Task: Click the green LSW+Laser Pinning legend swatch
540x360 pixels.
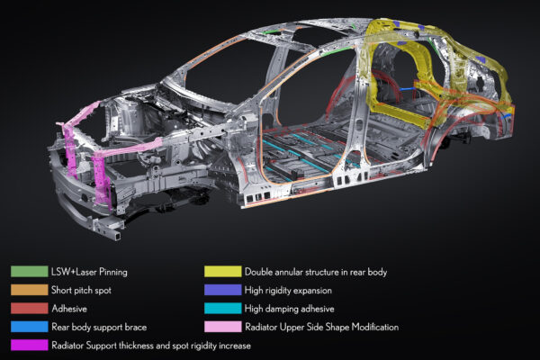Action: click(30, 272)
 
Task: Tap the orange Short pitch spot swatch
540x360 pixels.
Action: click(30, 290)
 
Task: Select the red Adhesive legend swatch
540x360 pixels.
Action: click(30, 309)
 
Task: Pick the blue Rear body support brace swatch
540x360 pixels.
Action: click(30, 327)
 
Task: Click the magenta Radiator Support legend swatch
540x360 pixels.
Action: click(30, 346)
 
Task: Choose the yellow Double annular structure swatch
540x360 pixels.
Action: click(223, 272)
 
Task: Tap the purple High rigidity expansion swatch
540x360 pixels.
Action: click(223, 290)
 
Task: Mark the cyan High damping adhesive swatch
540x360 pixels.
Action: click(223, 309)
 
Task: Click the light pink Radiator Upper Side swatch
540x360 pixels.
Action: click(223, 327)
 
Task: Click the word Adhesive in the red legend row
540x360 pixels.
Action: click(69, 309)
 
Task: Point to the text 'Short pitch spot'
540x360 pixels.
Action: click(81, 290)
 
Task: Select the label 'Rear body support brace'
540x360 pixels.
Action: click(99, 327)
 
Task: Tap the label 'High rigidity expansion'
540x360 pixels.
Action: click(288, 291)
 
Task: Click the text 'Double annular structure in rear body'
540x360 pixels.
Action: click(316, 272)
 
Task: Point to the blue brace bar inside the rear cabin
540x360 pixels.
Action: click(408, 89)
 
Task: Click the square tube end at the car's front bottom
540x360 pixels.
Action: click(116, 235)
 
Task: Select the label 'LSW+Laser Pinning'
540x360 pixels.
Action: click(89, 272)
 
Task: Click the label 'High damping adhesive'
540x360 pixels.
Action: click(289, 309)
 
